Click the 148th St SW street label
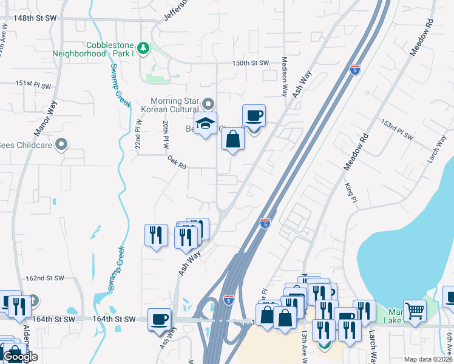click(35, 18)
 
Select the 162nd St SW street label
click(44, 278)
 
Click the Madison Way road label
click(284, 77)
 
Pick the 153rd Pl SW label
click(396, 131)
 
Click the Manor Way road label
click(44, 122)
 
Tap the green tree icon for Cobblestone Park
click(143, 47)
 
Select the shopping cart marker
click(415, 311)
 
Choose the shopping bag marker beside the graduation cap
click(233, 139)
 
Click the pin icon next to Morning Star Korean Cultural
click(209, 104)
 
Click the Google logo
click(20, 357)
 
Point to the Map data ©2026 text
click(427, 359)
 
